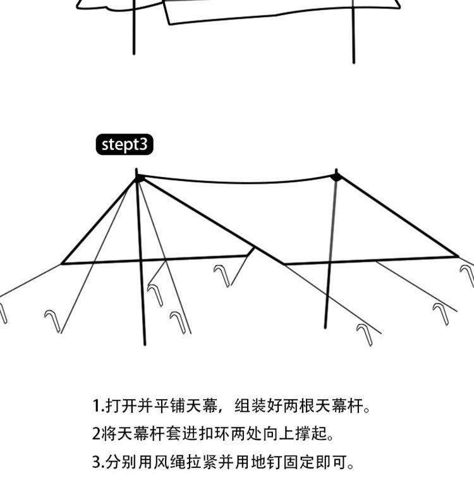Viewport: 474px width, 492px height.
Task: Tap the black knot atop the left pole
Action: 139,178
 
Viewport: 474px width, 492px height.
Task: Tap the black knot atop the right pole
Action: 337,176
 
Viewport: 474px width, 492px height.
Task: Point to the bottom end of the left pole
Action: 145,344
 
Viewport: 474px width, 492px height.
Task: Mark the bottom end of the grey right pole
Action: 325,327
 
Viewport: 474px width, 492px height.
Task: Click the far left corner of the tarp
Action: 62,263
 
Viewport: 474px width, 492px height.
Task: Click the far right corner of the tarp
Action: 457,256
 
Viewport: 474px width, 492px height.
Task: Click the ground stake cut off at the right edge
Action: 468,276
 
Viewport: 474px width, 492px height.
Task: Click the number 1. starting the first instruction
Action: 97,405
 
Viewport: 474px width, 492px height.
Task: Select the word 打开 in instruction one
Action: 120,405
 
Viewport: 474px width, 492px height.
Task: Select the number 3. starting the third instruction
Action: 97,462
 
